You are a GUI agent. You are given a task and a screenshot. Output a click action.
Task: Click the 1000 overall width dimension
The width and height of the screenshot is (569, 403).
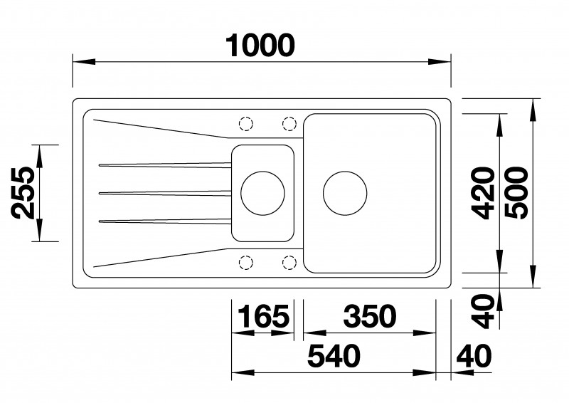coord(260,46)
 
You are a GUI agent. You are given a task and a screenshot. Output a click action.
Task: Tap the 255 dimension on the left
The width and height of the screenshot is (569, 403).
coord(23,193)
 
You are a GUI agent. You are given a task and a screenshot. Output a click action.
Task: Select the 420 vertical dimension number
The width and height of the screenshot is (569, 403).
coord(483,193)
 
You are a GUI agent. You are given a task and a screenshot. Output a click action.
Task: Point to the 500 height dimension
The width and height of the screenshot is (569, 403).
coord(516,193)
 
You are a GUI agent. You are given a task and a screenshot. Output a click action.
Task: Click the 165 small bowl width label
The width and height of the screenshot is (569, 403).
coord(264,316)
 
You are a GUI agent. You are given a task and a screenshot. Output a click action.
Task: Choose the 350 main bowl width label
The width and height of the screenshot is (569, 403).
coord(370,316)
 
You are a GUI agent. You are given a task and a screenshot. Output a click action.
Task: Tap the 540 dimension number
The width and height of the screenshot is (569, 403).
coord(334,356)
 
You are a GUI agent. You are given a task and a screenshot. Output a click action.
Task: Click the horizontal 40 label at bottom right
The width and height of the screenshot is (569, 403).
coord(474,356)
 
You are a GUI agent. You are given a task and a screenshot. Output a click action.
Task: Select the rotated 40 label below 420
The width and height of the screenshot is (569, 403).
coord(483,311)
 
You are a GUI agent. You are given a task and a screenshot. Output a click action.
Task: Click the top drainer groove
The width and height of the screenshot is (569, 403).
coord(165,165)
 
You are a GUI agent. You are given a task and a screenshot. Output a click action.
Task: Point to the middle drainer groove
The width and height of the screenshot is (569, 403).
coord(165,193)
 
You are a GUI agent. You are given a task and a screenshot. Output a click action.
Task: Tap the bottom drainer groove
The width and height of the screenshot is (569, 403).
coord(165,221)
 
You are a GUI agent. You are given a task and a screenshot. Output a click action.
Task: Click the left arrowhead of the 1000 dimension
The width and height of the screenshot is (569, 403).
coord(84,61)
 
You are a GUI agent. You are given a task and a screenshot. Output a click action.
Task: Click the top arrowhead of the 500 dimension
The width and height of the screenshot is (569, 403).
coord(533,110)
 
